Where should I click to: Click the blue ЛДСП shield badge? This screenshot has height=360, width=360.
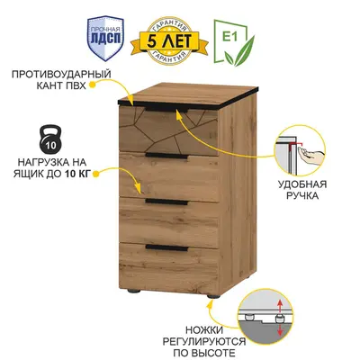pyautogui.click(x=105, y=38)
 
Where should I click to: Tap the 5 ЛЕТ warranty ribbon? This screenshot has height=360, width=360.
pyautogui.click(x=169, y=41)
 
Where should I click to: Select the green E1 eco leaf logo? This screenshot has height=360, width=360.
pyautogui.click(x=234, y=42)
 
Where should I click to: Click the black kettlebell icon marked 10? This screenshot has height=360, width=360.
pyautogui.click(x=50, y=139)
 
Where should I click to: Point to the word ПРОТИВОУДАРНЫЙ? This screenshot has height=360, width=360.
pyautogui.click(x=61, y=74)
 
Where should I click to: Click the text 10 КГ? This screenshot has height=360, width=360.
pyautogui.click(x=77, y=174)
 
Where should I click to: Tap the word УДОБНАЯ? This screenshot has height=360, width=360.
pyautogui.click(x=302, y=184)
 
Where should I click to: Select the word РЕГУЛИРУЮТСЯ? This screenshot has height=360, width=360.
pyautogui.click(x=204, y=342)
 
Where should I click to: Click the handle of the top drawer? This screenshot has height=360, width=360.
pyautogui.click(x=166, y=110)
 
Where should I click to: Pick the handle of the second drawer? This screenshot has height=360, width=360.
pyautogui.click(x=166, y=156)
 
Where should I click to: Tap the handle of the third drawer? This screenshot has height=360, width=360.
pyautogui.click(x=166, y=202)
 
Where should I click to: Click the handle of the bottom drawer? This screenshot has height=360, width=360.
pyautogui.click(x=166, y=247)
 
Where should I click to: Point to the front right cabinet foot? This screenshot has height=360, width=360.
pyautogui.click(x=213, y=295)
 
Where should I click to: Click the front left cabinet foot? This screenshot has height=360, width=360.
pyautogui.click(x=132, y=291)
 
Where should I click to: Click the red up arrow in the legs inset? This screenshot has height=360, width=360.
pyautogui.click(x=280, y=306)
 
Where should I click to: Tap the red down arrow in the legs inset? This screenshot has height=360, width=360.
pyautogui.click(x=280, y=329)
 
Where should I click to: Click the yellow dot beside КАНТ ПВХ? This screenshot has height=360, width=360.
pyautogui.click(x=93, y=85)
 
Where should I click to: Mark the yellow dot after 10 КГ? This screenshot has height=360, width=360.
pyautogui.click(x=96, y=174)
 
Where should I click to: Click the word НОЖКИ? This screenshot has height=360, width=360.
pyautogui.click(x=204, y=330)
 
